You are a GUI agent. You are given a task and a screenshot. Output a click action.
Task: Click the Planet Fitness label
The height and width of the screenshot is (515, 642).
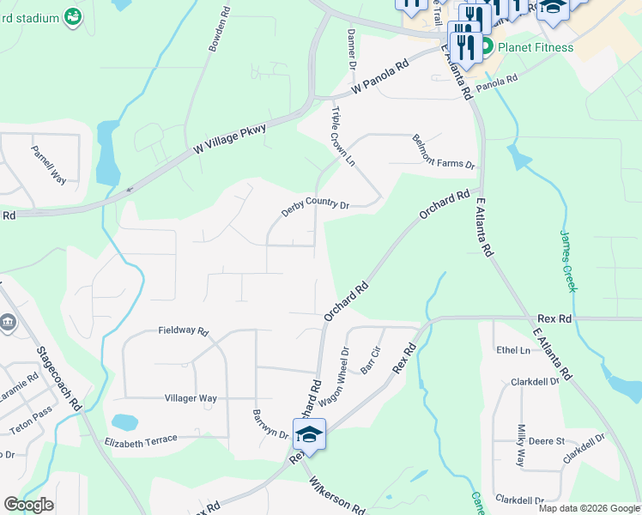click(x=537, y=47)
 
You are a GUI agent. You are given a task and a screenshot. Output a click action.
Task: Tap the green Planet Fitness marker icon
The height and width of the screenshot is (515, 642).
click(x=487, y=46)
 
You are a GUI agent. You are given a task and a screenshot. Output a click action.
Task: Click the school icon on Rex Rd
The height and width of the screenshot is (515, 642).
click(x=309, y=434)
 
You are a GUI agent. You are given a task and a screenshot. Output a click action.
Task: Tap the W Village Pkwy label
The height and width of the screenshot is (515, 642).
click(x=230, y=138)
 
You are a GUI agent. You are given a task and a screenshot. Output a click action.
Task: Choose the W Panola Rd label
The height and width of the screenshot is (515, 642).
click(x=379, y=82)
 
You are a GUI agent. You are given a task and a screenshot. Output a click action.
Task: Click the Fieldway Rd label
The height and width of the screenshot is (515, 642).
click(x=184, y=330)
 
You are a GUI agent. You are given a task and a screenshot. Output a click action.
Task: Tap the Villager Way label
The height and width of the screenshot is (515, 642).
click(x=191, y=398)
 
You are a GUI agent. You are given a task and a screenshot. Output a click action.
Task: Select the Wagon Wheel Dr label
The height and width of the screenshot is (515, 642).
click(x=334, y=377)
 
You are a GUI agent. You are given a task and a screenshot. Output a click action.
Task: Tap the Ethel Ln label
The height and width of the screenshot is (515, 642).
click(x=513, y=350)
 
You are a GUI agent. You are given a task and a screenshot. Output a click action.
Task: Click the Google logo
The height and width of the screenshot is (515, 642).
click(x=28, y=505)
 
